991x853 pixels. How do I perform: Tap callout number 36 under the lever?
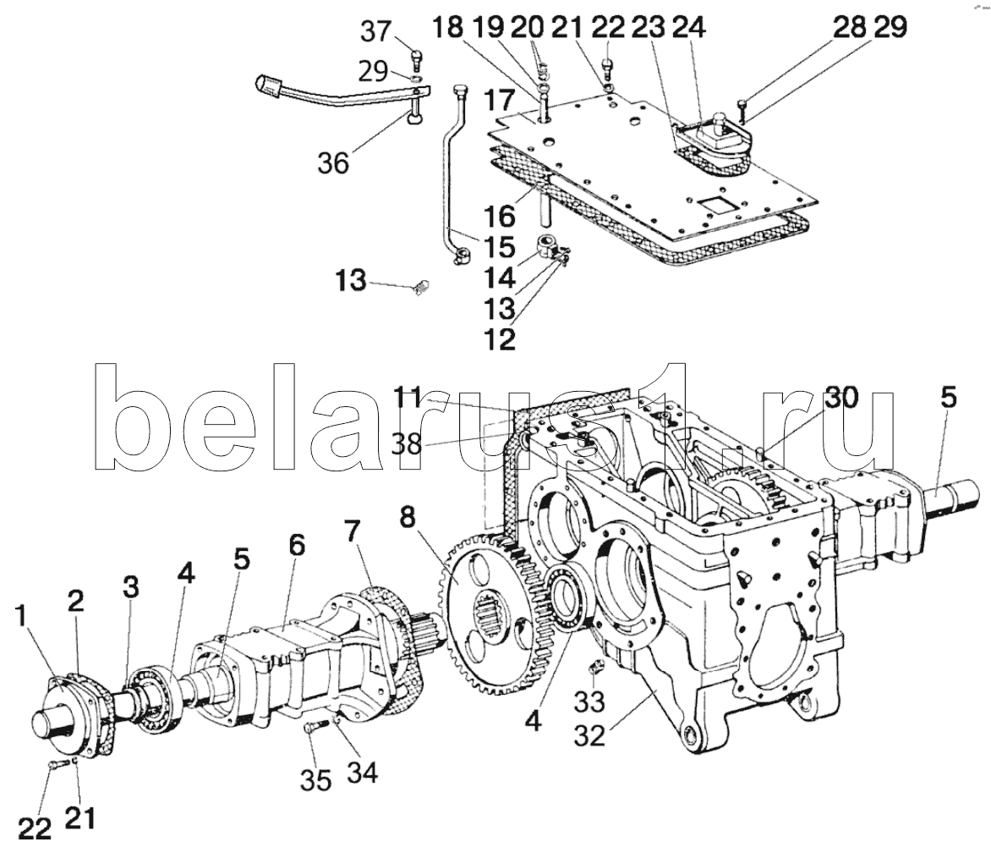coord(334,163)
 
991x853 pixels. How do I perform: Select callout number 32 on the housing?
coord(589,735)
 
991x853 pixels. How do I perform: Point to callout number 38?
coord(406,444)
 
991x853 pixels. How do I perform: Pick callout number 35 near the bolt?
coord(316,780)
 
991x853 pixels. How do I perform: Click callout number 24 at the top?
coord(688,28)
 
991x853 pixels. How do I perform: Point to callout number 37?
coord(376,31)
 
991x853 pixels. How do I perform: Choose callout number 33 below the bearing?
coord(589,702)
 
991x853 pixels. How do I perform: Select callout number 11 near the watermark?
coord(407,398)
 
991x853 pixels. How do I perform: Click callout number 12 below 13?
coord(500,339)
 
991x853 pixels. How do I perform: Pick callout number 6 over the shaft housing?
coord(297,545)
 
